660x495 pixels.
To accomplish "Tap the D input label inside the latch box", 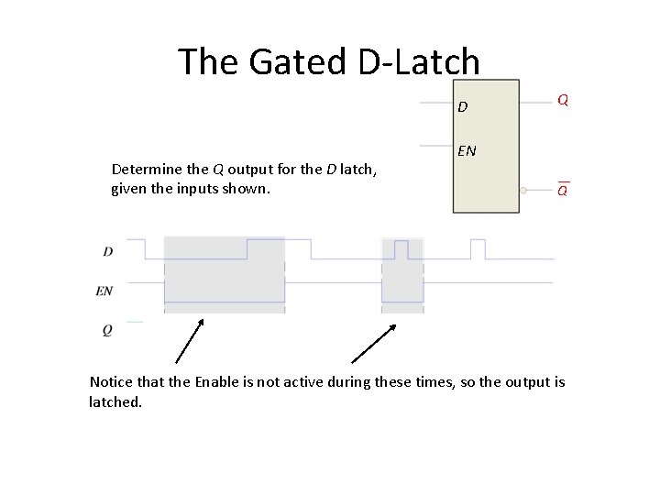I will coord(463,107).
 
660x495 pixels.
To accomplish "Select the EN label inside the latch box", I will coord(467,150).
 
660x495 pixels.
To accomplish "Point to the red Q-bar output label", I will coord(563,190).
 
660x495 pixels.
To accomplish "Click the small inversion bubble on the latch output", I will coord(522,190).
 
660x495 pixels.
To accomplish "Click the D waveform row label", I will coord(107,250).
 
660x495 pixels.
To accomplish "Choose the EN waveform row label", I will coord(104,291).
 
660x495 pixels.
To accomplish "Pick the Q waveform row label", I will coord(107,330).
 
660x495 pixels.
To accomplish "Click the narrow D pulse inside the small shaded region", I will coord(401,247).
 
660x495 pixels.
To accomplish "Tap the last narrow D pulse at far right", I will coord(478,247).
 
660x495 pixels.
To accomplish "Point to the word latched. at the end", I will coord(115,401).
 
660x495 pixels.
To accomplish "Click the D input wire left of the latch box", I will coord(435,104).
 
